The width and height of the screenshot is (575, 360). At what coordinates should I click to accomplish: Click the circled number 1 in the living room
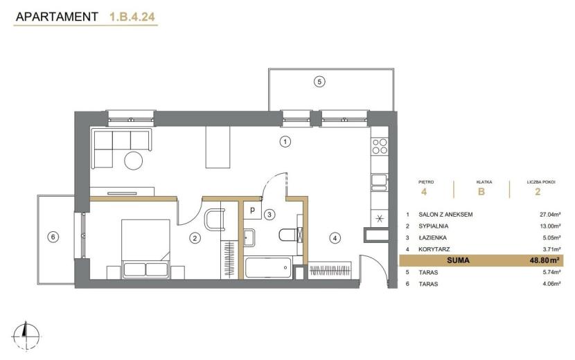tap(285, 141)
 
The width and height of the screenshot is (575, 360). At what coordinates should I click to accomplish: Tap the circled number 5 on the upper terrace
tap(319, 82)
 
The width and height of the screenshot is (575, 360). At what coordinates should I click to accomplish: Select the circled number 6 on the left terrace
tap(53, 237)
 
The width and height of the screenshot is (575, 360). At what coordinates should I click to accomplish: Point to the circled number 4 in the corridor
tap(335, 238)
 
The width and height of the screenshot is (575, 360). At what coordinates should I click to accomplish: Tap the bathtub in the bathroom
tap(268, 267)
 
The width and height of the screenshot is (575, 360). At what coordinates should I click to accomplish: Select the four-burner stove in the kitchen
tap(380, 146)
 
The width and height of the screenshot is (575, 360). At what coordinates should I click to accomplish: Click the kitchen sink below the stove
tap(379, 182)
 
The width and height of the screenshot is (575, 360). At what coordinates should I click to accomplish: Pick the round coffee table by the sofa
tap(133, 161)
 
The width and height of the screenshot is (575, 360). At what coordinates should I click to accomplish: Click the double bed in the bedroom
tap(145, 249)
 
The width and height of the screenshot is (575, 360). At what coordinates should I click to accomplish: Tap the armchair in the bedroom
tap(215, 219)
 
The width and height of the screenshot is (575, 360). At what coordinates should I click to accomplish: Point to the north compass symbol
tap(26, 336)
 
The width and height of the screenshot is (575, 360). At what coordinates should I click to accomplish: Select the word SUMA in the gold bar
tap(458, 260)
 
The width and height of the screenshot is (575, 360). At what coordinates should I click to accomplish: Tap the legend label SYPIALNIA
tap(434, 226)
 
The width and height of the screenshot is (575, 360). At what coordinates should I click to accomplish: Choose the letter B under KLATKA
tap(481, 191)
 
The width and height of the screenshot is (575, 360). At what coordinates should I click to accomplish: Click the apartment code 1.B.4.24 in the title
tap(132, 17)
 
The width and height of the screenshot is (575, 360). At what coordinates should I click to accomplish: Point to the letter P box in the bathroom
tap(252, 210)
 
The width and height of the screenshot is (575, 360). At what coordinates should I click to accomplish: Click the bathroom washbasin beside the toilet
tap(249, 237)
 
